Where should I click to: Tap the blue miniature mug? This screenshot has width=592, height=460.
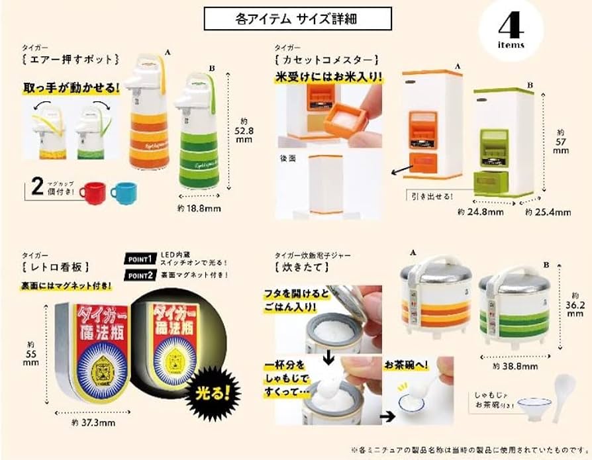click(x=123, y=193)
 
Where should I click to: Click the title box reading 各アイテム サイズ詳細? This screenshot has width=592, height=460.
click(x=297, y=19)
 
